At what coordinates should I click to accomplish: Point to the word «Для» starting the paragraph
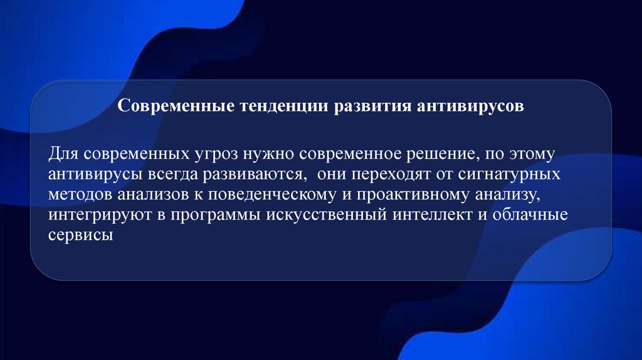click(65, 154)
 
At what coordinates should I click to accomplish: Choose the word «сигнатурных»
click(508, 174)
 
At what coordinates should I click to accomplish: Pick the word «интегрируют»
click(100, 216)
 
